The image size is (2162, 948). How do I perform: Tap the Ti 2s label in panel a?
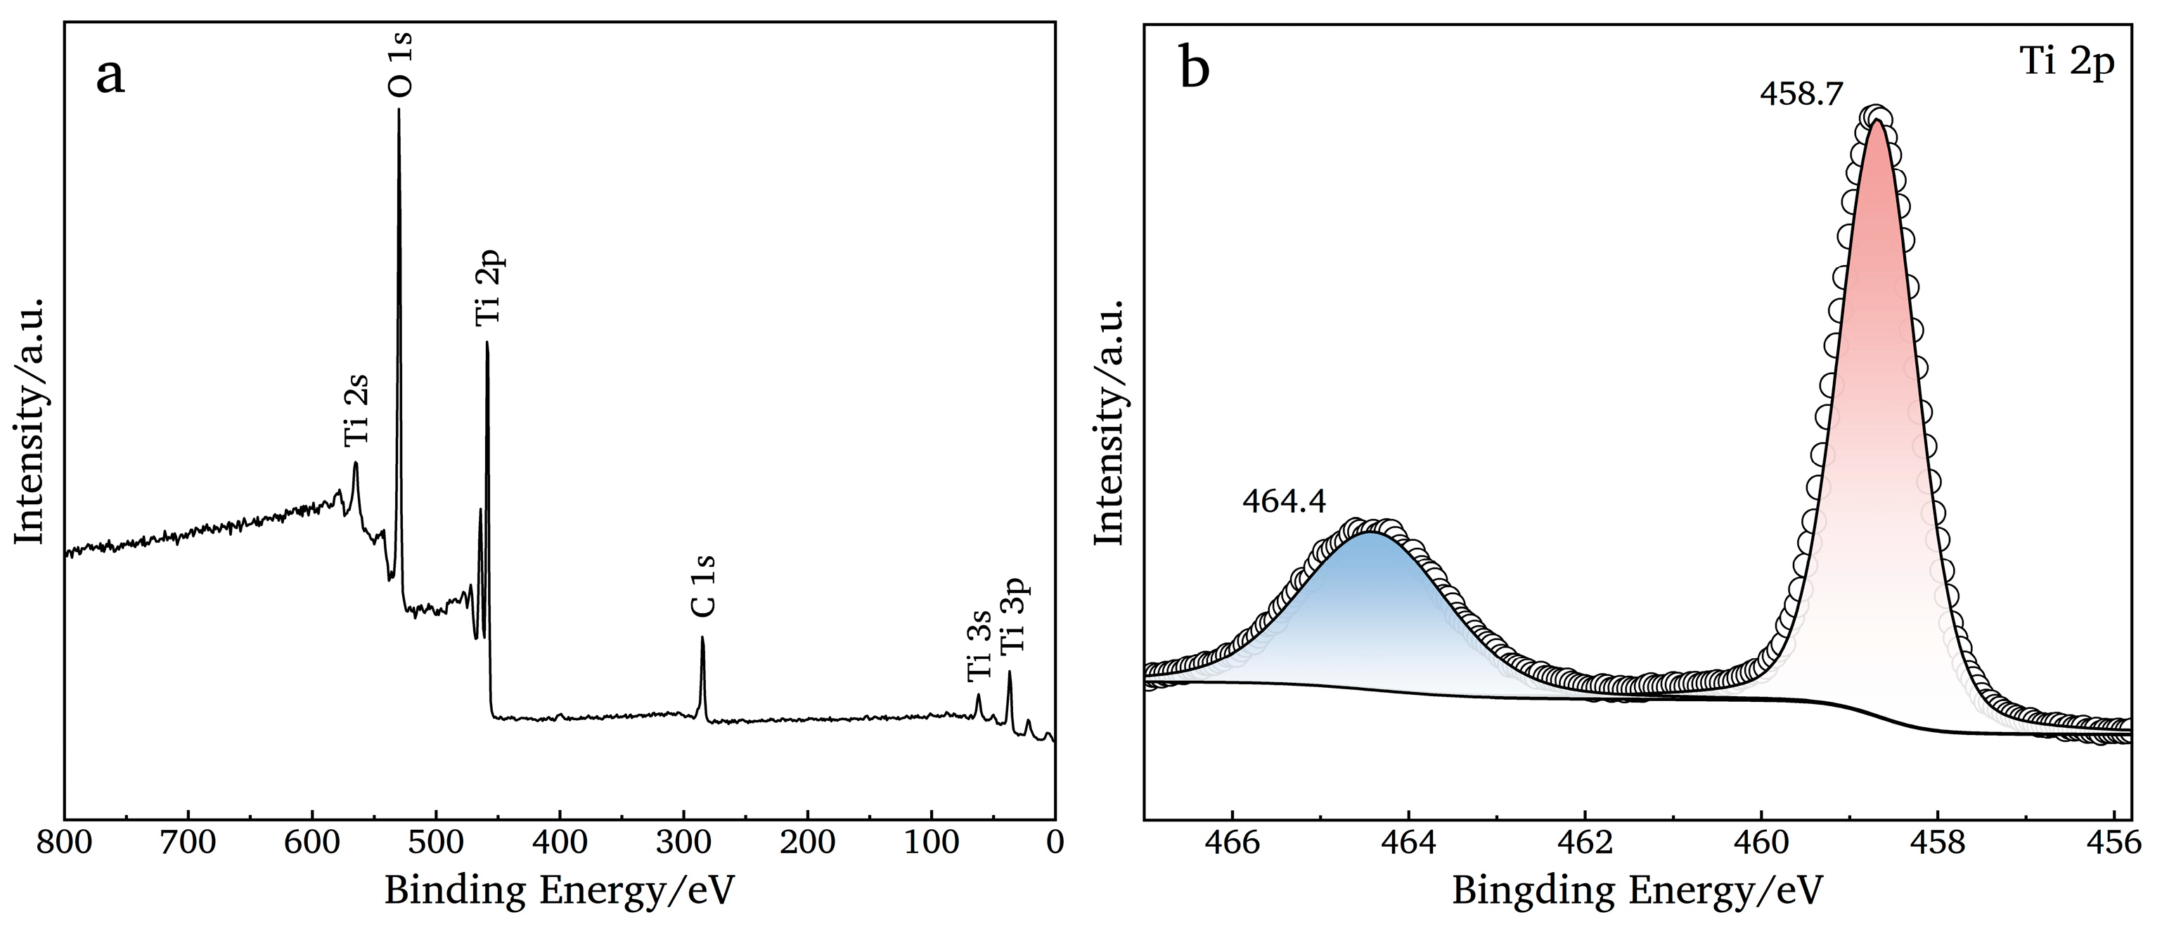[356, 411]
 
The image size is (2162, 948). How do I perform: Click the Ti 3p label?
[1013, 619]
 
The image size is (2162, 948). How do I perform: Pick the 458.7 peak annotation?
[1801, 94]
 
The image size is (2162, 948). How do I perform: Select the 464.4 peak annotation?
[1284, 502]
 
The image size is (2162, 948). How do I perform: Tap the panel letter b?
[1195, 68]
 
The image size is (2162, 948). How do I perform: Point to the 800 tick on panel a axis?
[65, 843]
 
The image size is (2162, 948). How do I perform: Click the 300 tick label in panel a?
[684, 843]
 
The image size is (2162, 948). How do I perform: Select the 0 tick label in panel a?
[1055, 843]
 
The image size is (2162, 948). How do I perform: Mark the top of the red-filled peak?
[1876, 122]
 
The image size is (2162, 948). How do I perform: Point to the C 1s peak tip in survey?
[702, 638]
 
